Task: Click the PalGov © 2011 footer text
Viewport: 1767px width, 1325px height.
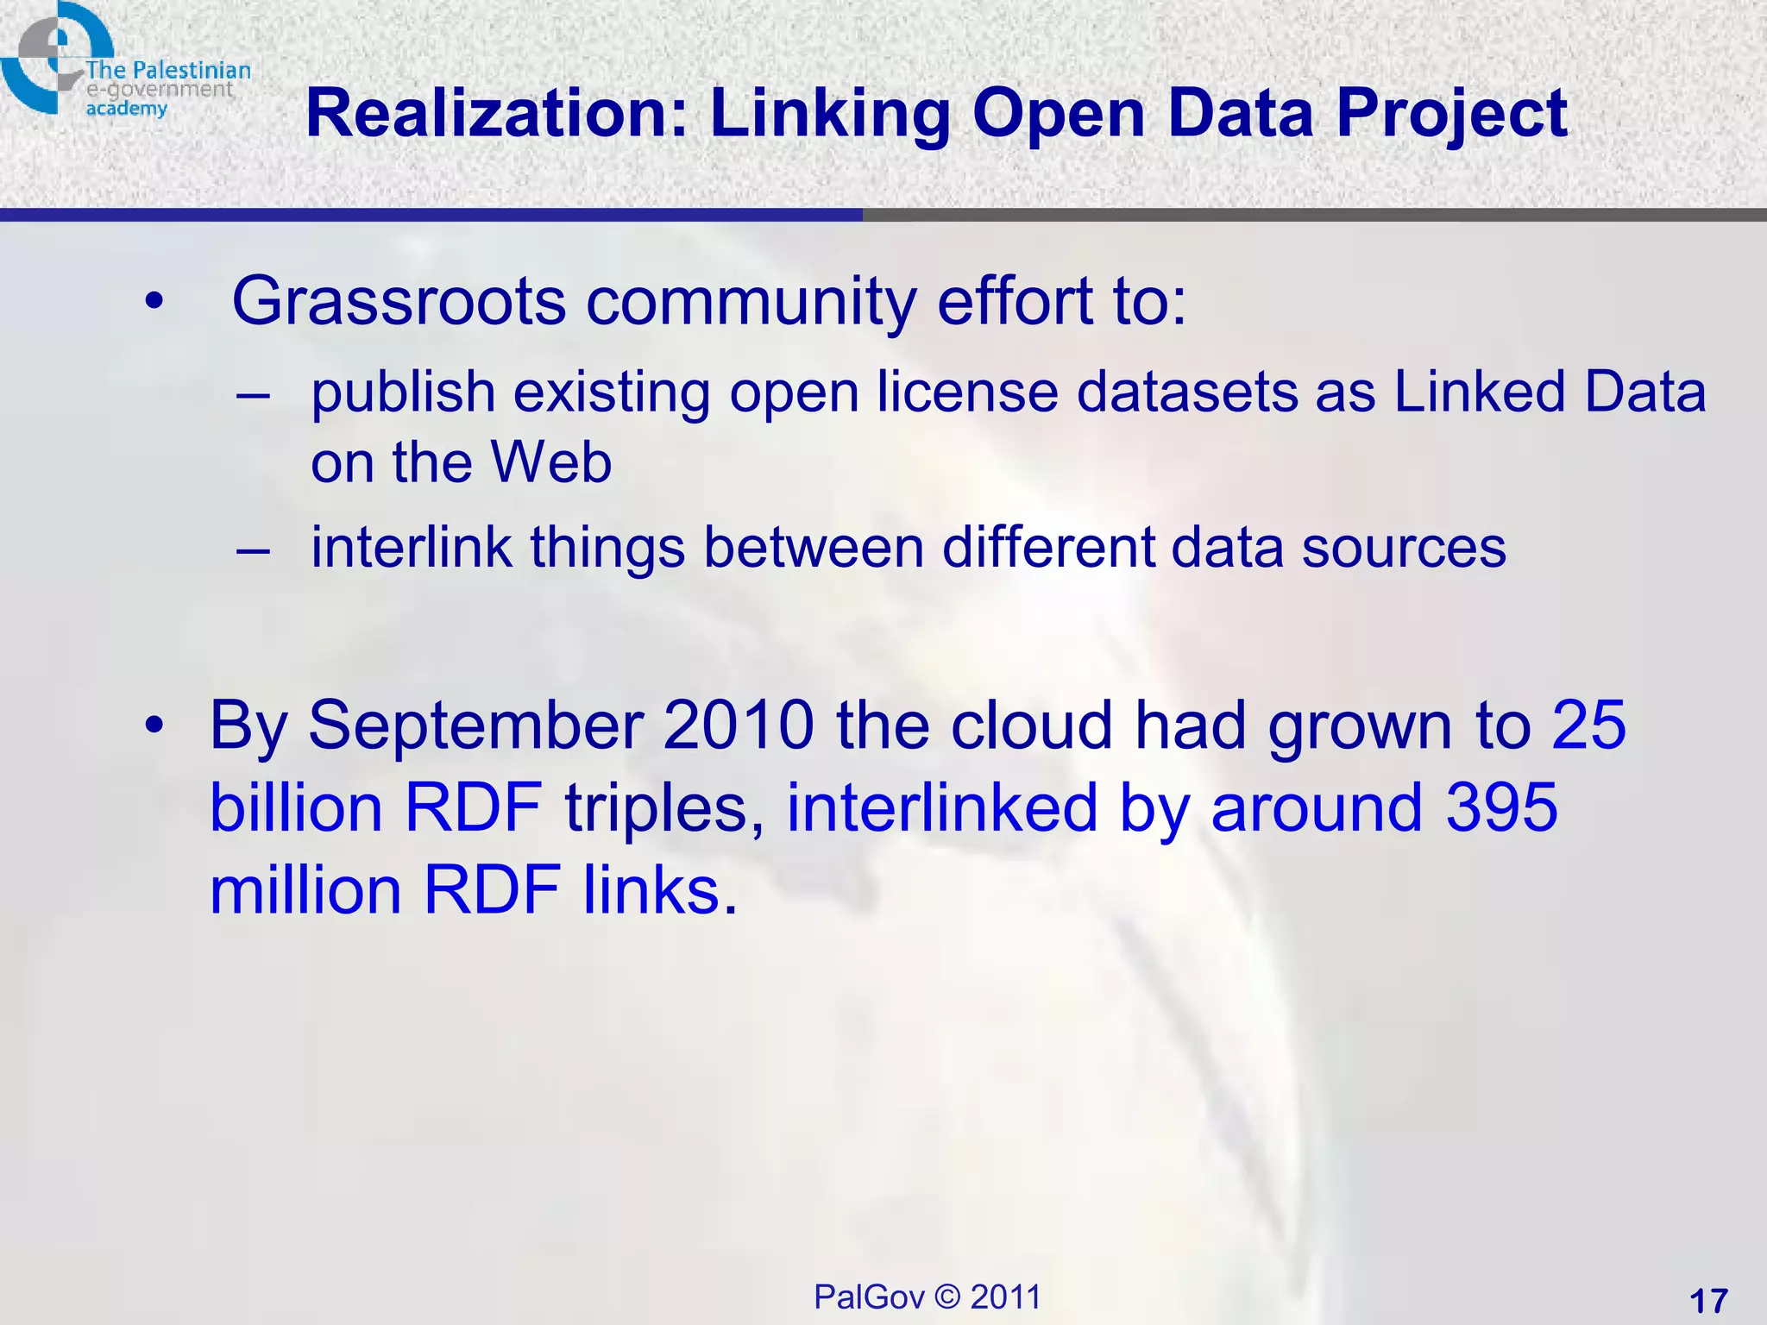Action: (x=928, y=1297)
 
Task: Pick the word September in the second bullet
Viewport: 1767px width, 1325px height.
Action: (x=475, y=725)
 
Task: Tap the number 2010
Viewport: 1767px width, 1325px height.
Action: (x=739, y=725)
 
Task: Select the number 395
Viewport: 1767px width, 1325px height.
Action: (x=1501, y=807)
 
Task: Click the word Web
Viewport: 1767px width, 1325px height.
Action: (x=551, y=462)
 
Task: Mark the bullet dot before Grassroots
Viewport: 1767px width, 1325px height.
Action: (x=154, y=302)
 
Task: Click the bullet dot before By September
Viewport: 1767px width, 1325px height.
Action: (x=154, y=725)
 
